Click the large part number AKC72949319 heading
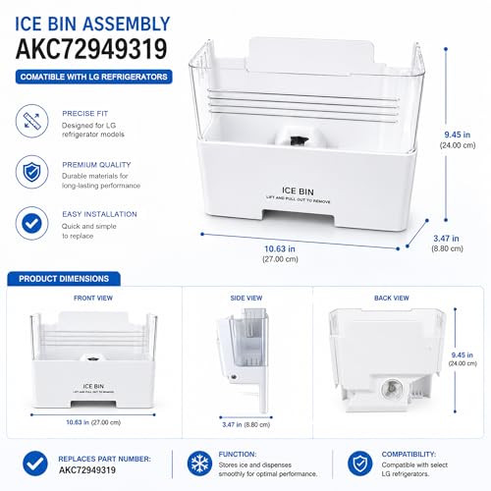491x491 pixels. click(x=91, y=49)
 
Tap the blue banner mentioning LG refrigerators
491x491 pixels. click(x=94, y=77)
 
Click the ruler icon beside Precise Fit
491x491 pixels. click(x=31, y=121)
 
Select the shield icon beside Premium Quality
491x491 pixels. click(x=31, y=172)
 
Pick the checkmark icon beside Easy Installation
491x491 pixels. click(x=31, y=223)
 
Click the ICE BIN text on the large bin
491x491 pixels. click(x=298, y=191)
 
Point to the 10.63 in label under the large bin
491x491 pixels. click(x=280, y=249)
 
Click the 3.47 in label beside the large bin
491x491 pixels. click(x=446, y=239)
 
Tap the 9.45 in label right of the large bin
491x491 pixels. click(x=458, y=135)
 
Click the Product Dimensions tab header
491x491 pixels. click(x=64, y=279)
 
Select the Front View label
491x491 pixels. click(x=93, y=299)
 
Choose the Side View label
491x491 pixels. click(x=246, y=299)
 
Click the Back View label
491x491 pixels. click(x=392, y=299)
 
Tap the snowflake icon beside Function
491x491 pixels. click(x=199, y=464)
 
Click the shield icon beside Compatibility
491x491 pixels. click(x=359, y=464)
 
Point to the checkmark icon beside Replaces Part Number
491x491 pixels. click(x=35, y=464)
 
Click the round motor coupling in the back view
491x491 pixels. click(x=392, y=388)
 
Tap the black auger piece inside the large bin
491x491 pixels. click(x=298, y=140)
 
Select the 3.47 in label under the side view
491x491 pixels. click(x=232, y=424)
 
